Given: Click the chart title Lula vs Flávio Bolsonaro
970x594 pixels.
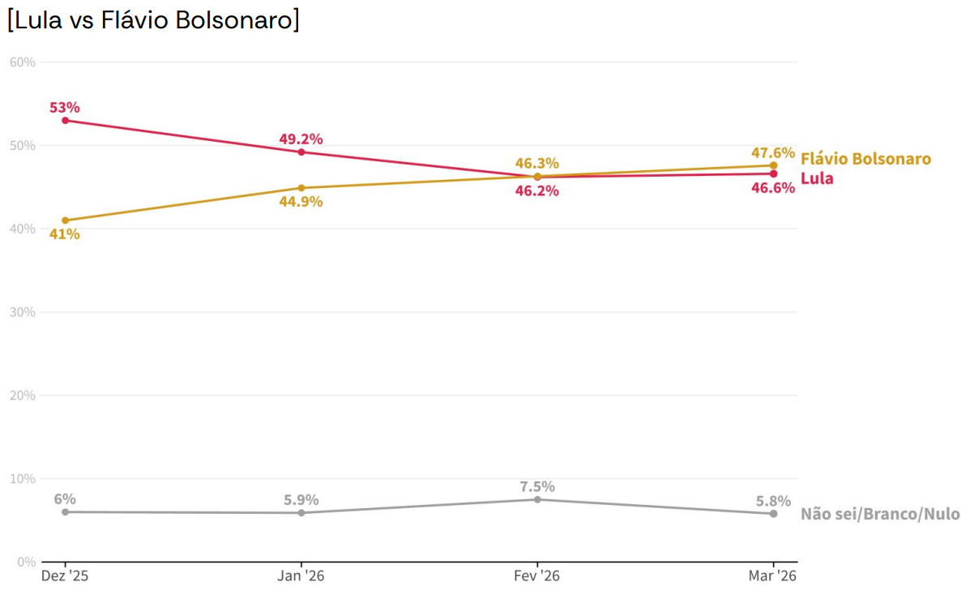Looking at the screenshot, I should (x=154, y=20).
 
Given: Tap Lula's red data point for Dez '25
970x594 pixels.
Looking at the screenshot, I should (x=65, y=121).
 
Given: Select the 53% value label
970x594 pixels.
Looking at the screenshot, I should (x=65, y=107).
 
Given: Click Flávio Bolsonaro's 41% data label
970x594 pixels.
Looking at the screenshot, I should (x=65, y=234).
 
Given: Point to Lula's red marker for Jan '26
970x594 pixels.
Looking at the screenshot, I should (x=301, y=152).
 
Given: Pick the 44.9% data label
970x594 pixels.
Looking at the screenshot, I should (x=301, y=202).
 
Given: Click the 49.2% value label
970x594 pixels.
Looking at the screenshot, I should (x=301, y=139).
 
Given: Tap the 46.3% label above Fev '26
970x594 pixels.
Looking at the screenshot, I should (x=537, y=163).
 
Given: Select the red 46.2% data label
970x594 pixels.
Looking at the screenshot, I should (x=537, y=191).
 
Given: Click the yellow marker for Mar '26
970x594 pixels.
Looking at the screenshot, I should (x=773, y=165).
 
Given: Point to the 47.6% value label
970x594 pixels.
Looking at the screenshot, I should (x=773, y=152).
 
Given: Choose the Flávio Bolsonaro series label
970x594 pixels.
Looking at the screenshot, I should (x=865, y=159).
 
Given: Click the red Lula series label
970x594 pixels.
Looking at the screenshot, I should (x=817, y=178).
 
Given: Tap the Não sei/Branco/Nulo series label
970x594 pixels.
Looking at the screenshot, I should (x=880, y=514).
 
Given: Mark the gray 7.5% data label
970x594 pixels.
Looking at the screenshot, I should (x=537, y=486).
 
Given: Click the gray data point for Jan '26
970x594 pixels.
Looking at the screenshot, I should (x=301, y=513).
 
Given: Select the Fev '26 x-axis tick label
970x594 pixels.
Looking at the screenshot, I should (x=537, y=576).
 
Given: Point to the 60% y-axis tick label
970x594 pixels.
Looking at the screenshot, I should (x=22, y=62).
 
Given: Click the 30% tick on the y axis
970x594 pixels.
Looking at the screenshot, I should (x=22, y=312).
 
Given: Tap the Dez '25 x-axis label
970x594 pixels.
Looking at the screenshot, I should (x=65, y=576).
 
